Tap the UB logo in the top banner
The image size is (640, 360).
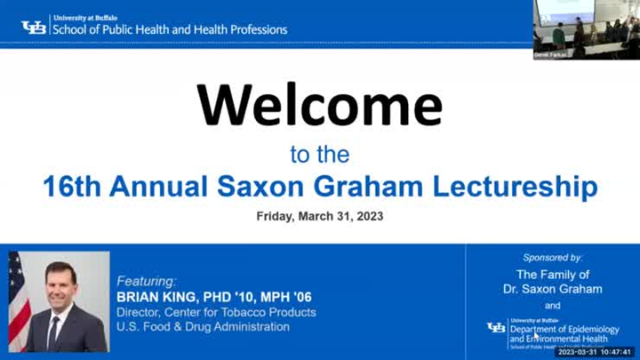coord(34,27)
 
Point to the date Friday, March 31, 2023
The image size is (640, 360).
coord(320,216)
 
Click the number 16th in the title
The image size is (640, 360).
coord(74,187)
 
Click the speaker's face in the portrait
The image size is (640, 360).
coord(60,284)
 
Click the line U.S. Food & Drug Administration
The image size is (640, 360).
coord(204,327)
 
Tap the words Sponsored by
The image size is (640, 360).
coord(552,257)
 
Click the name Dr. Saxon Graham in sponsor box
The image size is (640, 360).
coord(553,289)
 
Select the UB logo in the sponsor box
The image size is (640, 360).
coord(496,328)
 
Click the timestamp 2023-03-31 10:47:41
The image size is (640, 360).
coord(595,352)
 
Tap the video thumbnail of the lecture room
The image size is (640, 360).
coord(586,29)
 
